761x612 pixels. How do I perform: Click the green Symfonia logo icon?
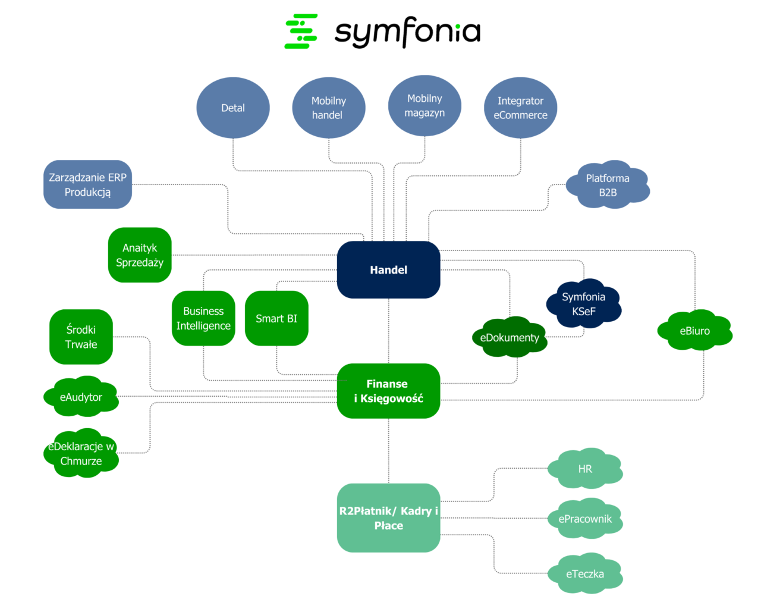(x=301, y=31)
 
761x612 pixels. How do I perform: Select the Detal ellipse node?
(x=233, y=108)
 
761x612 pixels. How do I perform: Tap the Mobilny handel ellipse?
(x=328, y=108)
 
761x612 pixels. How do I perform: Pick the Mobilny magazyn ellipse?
(x=424, y=106)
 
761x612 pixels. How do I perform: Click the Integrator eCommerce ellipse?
(x=520, y=108)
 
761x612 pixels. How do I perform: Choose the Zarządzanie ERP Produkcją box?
(x=87, y=184)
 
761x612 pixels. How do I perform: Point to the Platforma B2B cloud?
(x=608, y=185)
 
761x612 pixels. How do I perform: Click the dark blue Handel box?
(x=388, y=269)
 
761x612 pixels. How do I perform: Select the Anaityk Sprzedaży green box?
(x=140, y=255)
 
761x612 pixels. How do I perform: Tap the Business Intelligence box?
(x=203, y=318)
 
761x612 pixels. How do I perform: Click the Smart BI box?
(x=276, y=318)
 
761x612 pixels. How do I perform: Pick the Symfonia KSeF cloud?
(x=584, y=304)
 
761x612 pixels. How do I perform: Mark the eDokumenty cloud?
(x=510, y=337)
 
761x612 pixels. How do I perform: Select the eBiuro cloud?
(x=694, y=331)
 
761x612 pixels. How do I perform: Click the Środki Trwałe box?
(x=81, y=337)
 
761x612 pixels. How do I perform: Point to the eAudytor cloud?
(x=81, y=397)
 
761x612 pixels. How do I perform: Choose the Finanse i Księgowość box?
(x=388, y=391)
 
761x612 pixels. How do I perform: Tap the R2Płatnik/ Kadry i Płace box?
(x=388, y=518)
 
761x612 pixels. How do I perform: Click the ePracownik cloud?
(x=585, y=519)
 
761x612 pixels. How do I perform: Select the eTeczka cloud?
(x=585, y=574)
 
